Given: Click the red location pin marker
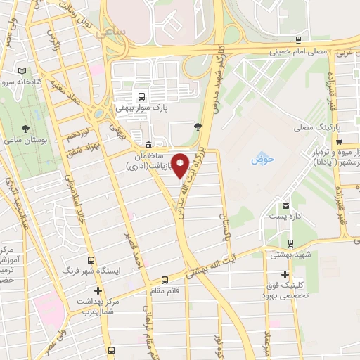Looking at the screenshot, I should tap(181, 166).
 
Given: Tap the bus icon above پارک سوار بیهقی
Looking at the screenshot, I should tap(143, 96).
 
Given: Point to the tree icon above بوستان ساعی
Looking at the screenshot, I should tap(26, 128).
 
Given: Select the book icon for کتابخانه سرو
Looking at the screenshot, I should tap(22, 72).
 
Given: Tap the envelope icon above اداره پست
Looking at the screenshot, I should tap(285, 206).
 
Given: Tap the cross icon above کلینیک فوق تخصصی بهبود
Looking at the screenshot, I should tap(285, 274).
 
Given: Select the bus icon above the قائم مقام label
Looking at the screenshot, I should tap(165, 278).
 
